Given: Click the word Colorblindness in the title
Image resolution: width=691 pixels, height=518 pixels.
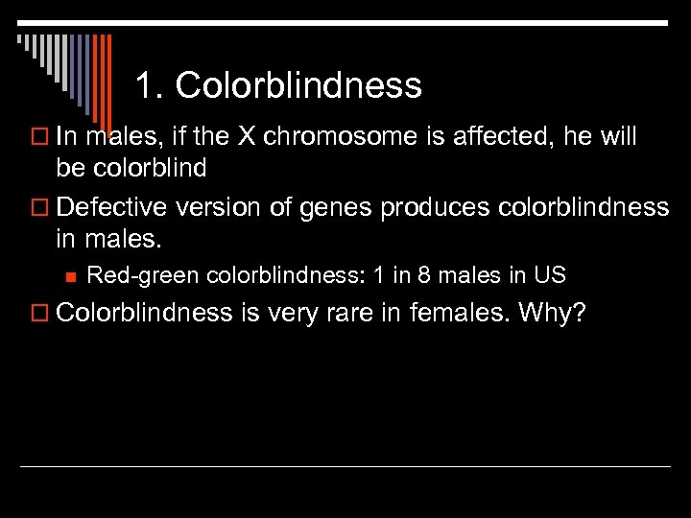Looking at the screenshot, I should click(x=298, y=86).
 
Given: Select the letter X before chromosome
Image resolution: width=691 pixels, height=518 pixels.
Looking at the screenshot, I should click(x=247, y=137).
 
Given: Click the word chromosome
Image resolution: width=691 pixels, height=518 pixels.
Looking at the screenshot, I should click(x=320, y=137).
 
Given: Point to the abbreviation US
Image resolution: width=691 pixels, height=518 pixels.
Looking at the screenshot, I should click(x=550, y=276).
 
